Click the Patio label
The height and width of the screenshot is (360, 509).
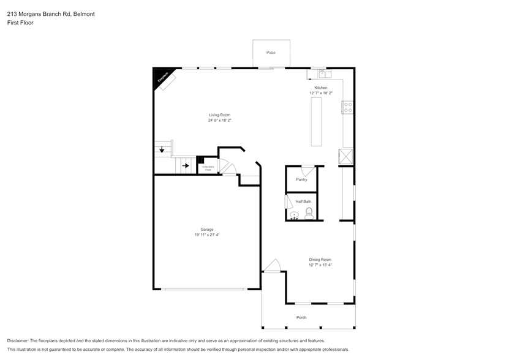(270, 53)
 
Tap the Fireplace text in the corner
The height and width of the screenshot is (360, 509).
(162, 78)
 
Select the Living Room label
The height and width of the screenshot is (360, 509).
(219, 115)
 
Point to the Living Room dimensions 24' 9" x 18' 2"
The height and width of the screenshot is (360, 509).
(219, 121)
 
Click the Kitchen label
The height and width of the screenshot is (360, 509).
(321, 88)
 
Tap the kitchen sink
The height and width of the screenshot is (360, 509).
(325, 75)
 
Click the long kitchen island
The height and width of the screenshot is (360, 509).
(317, 122)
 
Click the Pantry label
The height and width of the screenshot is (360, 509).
(301, 180)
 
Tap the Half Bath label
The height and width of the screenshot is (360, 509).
(303, 201)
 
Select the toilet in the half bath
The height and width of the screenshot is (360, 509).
(309, 213)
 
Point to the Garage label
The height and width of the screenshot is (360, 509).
(207, 229)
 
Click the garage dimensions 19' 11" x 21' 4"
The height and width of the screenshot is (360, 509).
(207, 234)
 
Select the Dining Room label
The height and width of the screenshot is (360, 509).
(320, 260)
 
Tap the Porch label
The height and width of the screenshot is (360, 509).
(301, 317)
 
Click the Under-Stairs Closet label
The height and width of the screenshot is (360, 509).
(208, 167)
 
